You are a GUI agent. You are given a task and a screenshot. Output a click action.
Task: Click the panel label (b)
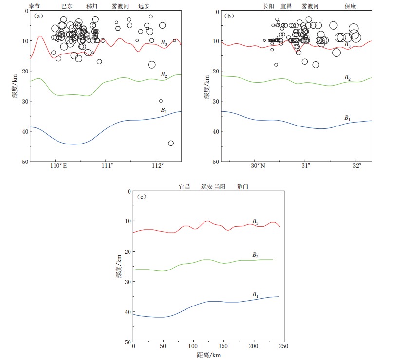point(229,16)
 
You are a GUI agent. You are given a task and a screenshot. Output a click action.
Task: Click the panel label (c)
point(142,197)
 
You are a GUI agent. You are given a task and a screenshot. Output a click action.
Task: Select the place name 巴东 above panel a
point(67,6)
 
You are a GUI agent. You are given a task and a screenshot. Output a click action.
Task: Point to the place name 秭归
point(92,6)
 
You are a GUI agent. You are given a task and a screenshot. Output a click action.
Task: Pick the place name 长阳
point(268,6)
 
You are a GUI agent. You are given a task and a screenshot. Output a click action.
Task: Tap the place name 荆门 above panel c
point(242,187)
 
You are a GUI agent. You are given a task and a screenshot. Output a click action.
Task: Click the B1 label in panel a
point(164,110)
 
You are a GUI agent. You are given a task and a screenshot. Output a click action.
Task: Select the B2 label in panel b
point(347,78)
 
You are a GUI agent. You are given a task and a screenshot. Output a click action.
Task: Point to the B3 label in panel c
point(255,221)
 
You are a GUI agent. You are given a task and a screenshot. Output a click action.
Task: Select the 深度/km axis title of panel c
point(118,267)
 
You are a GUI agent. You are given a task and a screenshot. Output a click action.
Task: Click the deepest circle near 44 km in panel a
point(171,143)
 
